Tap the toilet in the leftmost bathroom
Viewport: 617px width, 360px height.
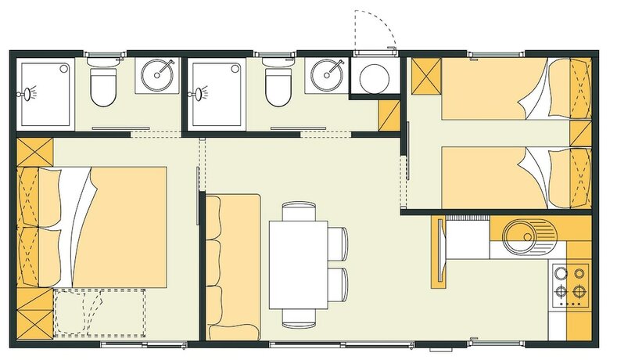click(102, 86)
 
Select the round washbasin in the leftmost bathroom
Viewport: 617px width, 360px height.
click(156, 76)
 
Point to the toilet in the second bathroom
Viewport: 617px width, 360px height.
click(277, 86)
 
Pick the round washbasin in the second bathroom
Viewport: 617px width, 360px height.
click(326, 76)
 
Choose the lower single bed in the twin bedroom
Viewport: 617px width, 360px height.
click(508, 178)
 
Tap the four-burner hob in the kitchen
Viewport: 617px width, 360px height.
click(570, 284)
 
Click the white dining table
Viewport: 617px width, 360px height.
click(298, 265)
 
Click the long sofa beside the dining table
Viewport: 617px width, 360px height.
click(233, 266)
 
